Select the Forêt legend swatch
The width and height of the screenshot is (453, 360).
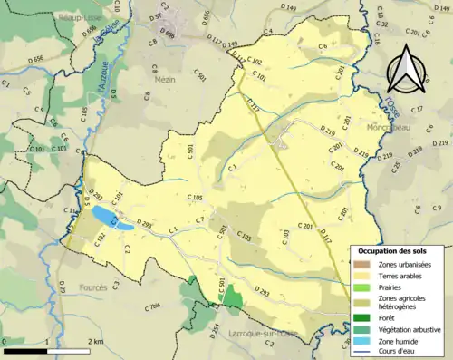pyautogui.click(x=362, y=316)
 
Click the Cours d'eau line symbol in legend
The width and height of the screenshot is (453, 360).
pyautogui.click(x=362, y=351)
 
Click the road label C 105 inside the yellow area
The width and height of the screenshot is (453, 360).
pyautogui.click(x=196, y=197)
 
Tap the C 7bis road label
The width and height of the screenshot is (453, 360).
pyautogui.click(x=153, y=305)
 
